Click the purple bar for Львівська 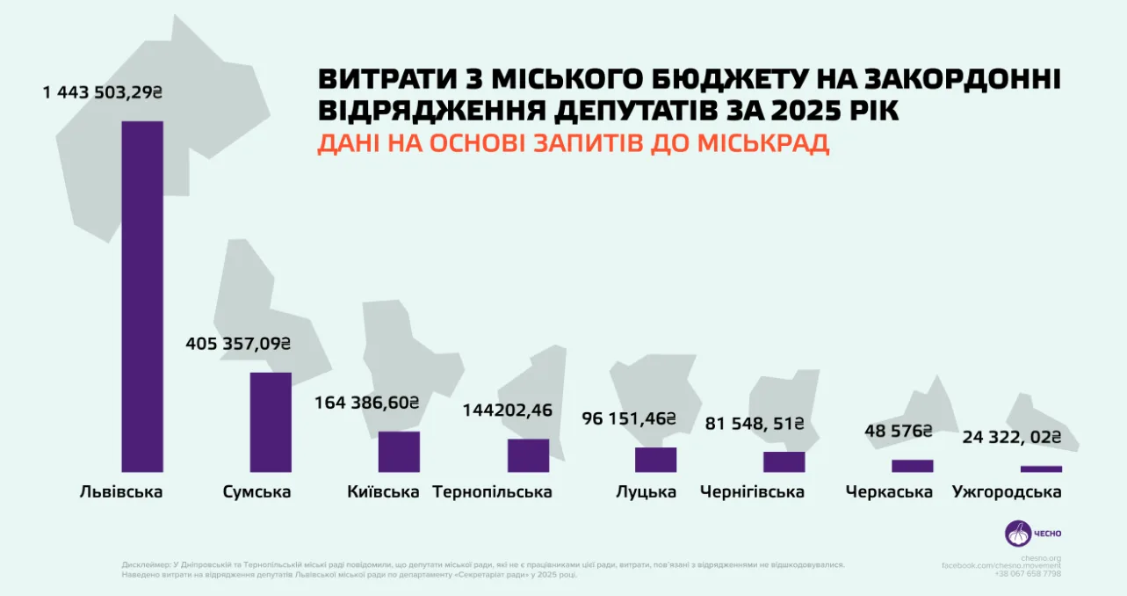pos(142,296)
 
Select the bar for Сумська pos(271,422)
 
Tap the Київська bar pos(399,452)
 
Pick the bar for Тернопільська pos(528,455)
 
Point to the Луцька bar pos(656,460)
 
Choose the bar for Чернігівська pos(784,462)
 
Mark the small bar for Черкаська pos(913,466)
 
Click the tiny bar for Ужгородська pos(1041,469)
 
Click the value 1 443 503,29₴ pos(104,92)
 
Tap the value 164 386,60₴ pos(366,403)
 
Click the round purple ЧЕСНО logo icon pos(1018,533)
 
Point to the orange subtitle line pos(573,143)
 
